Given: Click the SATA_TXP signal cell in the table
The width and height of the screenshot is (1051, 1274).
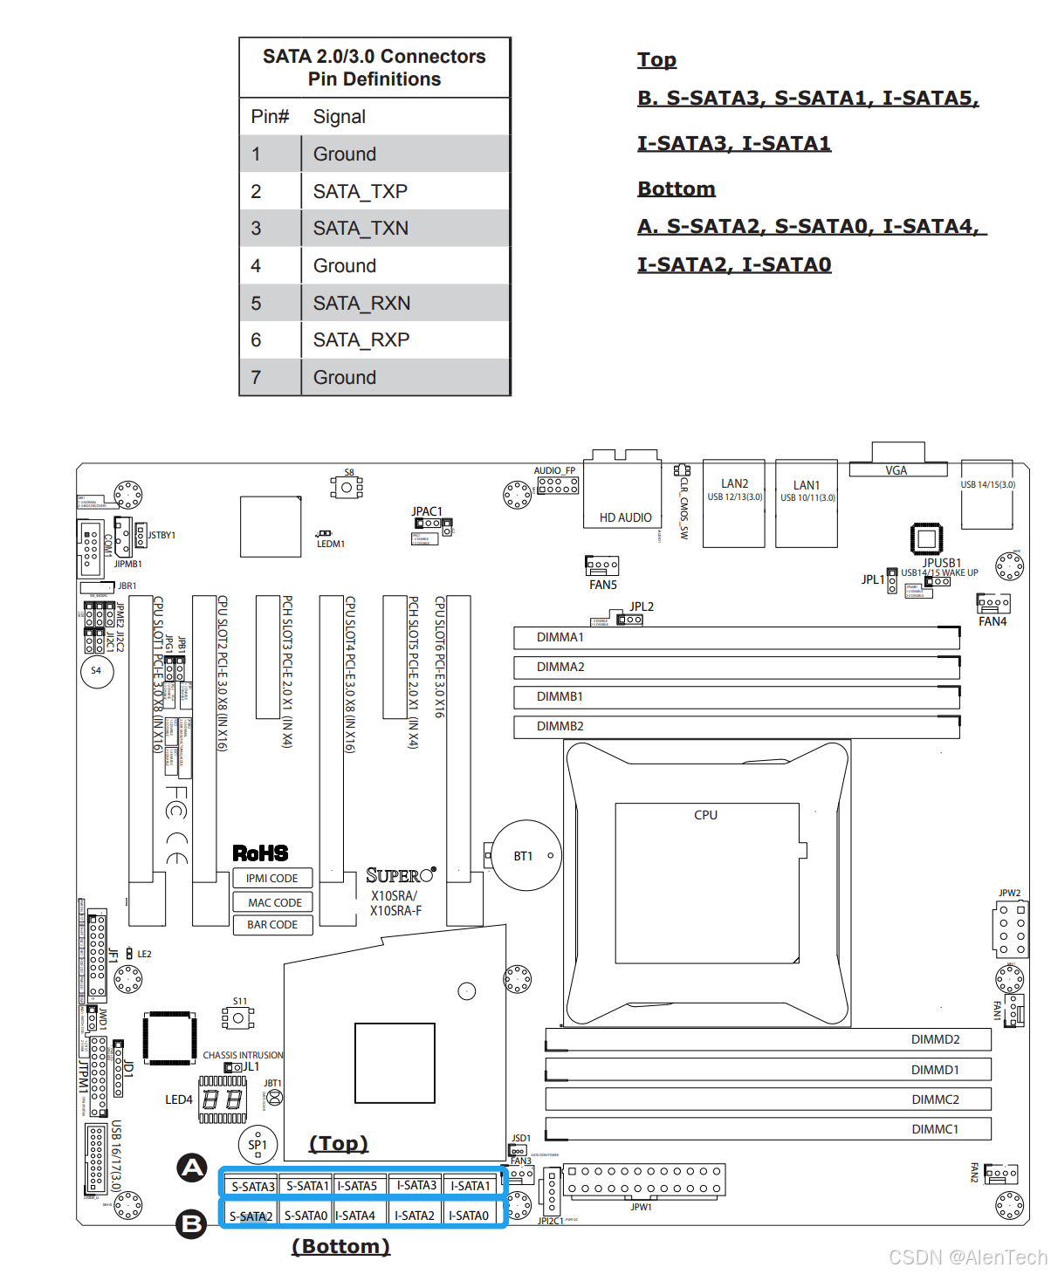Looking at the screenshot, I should (361, 191).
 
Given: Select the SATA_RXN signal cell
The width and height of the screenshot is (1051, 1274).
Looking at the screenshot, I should (361, 303).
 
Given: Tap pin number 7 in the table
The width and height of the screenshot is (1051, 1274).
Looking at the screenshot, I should (256, 377).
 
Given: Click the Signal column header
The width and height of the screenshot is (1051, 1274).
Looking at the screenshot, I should (340, 117).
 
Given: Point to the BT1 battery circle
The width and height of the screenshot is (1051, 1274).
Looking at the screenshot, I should (525, 855).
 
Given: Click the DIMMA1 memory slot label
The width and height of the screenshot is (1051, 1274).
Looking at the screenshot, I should (560, 638).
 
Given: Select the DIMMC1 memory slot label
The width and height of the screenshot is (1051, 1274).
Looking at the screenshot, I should (935, 1129).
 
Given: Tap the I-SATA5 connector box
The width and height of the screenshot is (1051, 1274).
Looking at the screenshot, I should (357, 1186).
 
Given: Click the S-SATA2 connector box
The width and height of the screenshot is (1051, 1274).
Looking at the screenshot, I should (251, 1216).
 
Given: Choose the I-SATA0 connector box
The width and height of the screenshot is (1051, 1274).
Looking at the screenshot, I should (469, 1216).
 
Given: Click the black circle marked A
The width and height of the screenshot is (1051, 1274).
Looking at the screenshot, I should (192, 1168).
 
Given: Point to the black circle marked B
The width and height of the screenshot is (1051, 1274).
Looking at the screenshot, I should (191, 1224).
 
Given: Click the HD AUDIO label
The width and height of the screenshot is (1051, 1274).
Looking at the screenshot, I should (625, 517).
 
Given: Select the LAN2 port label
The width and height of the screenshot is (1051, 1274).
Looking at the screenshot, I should (734, 483).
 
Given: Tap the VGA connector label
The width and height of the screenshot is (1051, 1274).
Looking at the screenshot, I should (896, 470).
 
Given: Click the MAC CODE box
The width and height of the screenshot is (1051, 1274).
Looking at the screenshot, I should (274, 902).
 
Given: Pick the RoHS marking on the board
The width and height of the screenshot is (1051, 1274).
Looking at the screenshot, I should (260, 853).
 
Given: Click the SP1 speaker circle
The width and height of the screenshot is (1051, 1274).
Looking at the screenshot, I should (258, 1144).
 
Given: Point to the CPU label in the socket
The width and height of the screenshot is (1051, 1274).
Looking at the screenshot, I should (705, 815).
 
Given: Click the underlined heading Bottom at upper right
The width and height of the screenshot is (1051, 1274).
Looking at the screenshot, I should (677, 188).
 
